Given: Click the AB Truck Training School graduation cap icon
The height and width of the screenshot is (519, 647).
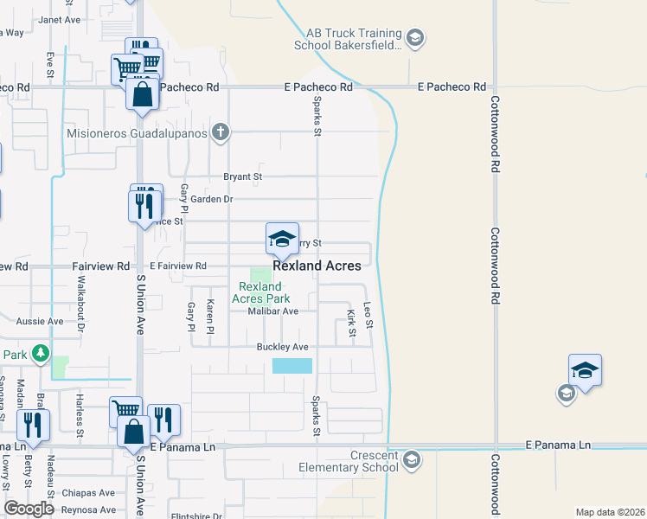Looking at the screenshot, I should (x=414, y=37).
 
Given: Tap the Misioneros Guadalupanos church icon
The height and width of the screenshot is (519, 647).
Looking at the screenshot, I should (x=221, y=132).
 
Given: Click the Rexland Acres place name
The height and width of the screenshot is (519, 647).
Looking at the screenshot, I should (x=317, y=266).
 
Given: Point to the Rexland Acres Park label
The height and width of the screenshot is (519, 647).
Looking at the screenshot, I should (x=259, y=292).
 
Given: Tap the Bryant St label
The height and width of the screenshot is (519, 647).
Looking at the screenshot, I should (x=242, y=176).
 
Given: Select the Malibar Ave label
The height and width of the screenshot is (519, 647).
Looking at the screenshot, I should (x=272, y=311).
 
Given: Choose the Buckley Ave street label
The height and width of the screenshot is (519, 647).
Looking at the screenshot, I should (x=282, y=347).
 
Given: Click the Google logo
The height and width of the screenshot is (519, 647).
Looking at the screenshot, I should (x=29, y=509).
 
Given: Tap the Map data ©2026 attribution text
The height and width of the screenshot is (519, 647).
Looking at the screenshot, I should (x=610, y=512).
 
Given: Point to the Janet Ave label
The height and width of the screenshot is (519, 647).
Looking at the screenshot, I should (x=59, y=19).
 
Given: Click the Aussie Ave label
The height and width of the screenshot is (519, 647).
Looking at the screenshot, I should (x=40, y=321).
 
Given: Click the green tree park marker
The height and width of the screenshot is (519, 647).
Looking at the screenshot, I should (x=40, y=353).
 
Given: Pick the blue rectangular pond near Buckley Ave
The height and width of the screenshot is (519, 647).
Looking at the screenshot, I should (x=291, y=366).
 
